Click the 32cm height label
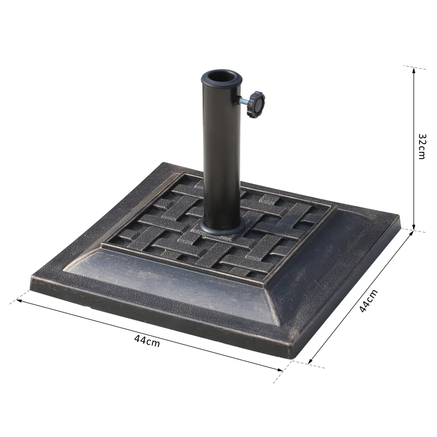(421, 146)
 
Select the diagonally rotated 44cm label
(368, 300)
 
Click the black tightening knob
(255, 104)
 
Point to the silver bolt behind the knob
(242, 101)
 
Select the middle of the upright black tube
(221, 153)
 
